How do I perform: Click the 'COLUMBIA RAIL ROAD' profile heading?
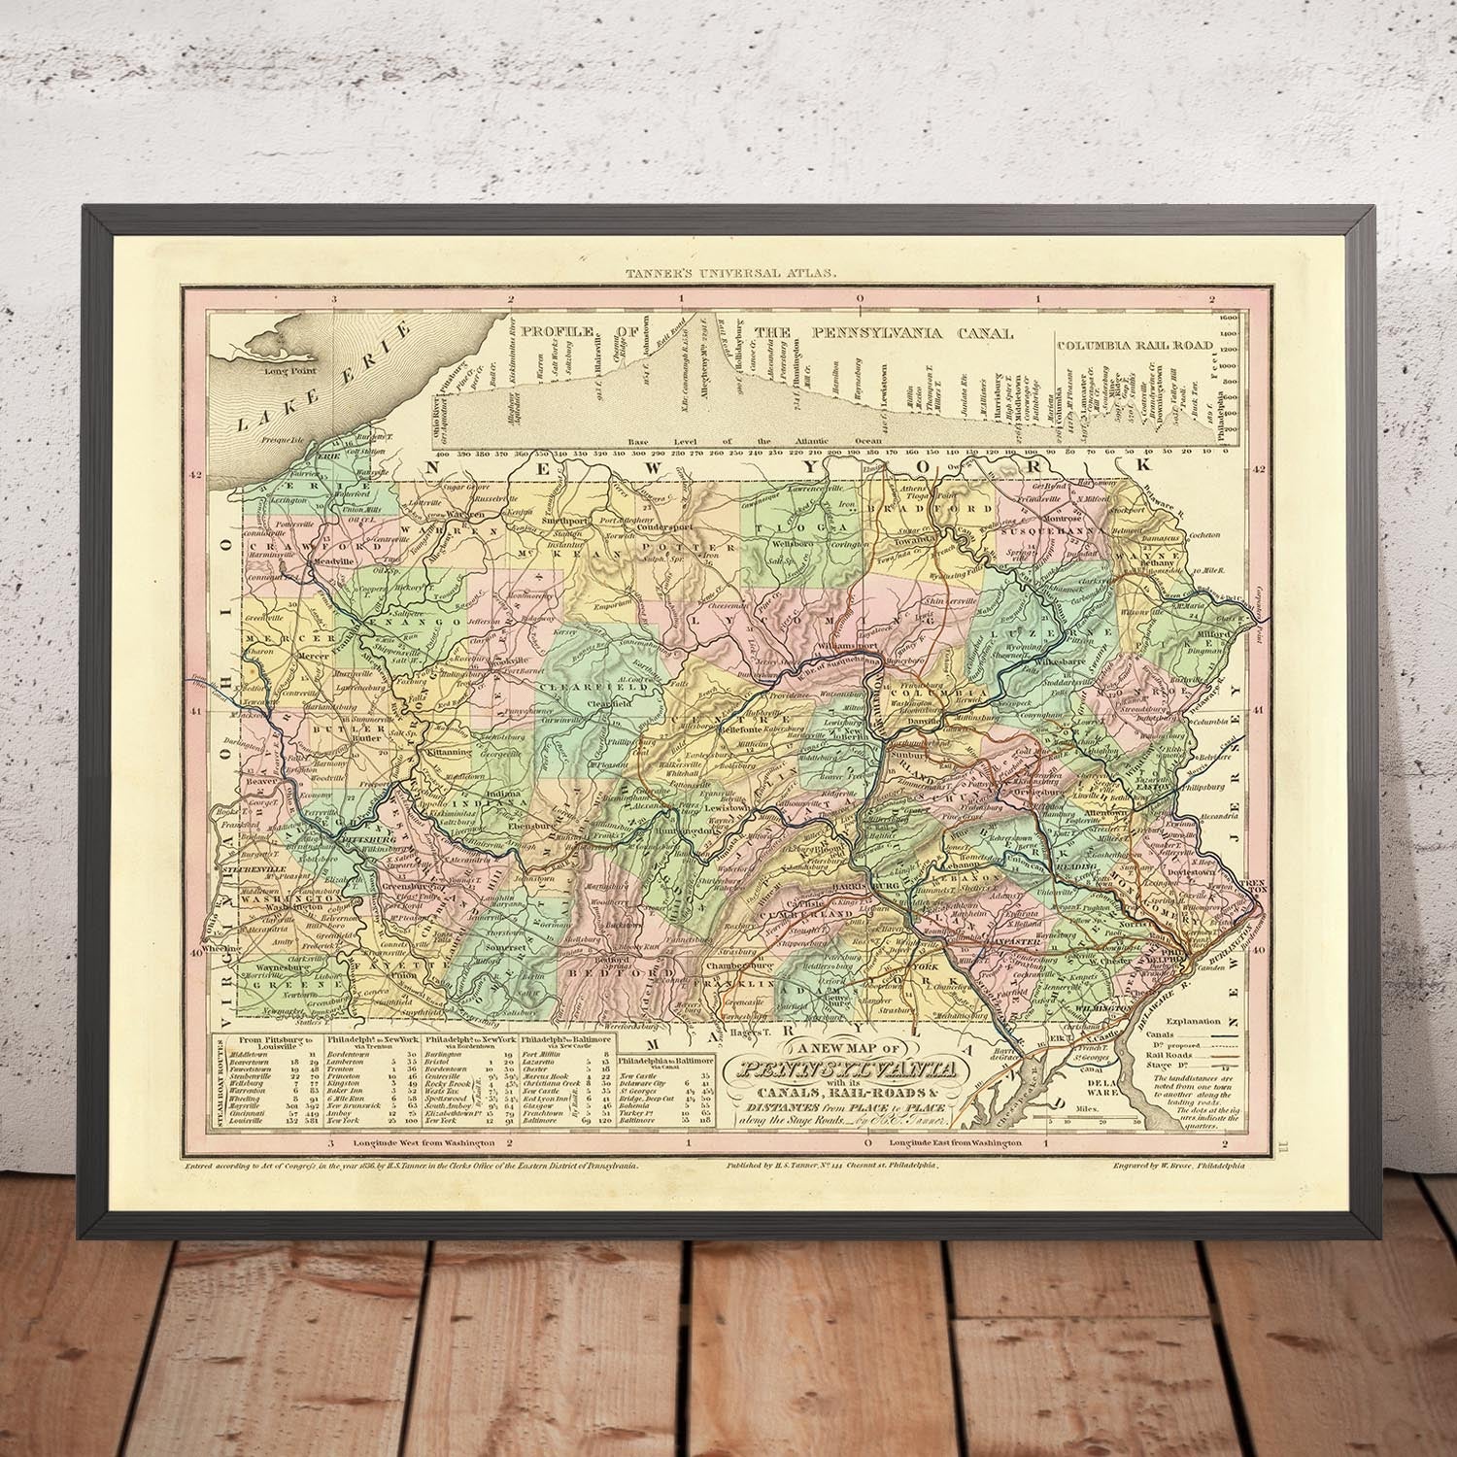pyautogui.click(x=1135, y=345)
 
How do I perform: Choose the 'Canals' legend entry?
pyautogui.click(x=1164, y=1034)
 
